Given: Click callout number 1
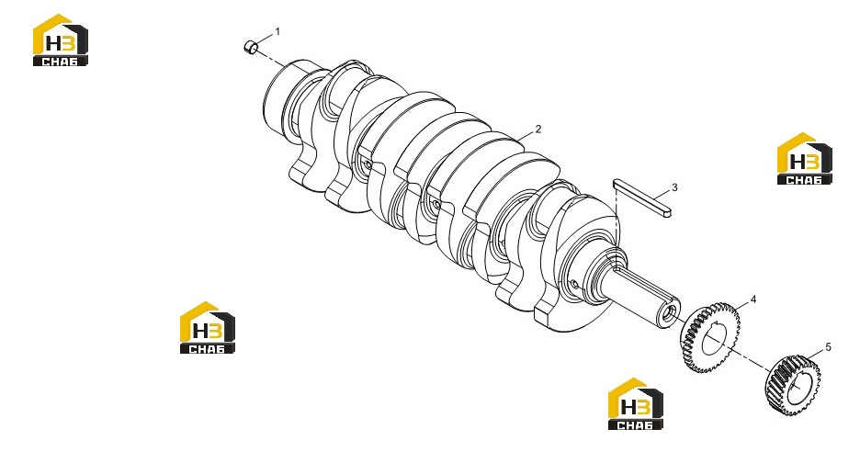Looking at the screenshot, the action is click(x=277, y=32).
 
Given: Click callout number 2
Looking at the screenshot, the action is click(x=538, y=129).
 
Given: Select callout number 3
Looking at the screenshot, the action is click(x=674, y=187).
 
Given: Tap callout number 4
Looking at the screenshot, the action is click(x=753, y=299).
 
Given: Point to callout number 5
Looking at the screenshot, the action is click(x=828, y=346).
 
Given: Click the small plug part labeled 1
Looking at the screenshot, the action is click(x=251, y=47).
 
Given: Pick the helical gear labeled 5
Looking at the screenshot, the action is click(x=793, y=386).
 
